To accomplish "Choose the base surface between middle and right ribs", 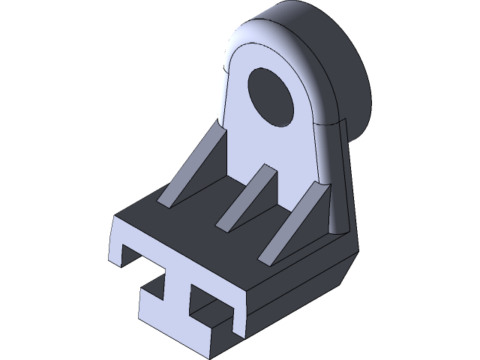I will (262, 225).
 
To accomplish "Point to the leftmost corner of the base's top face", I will (114, 218).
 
